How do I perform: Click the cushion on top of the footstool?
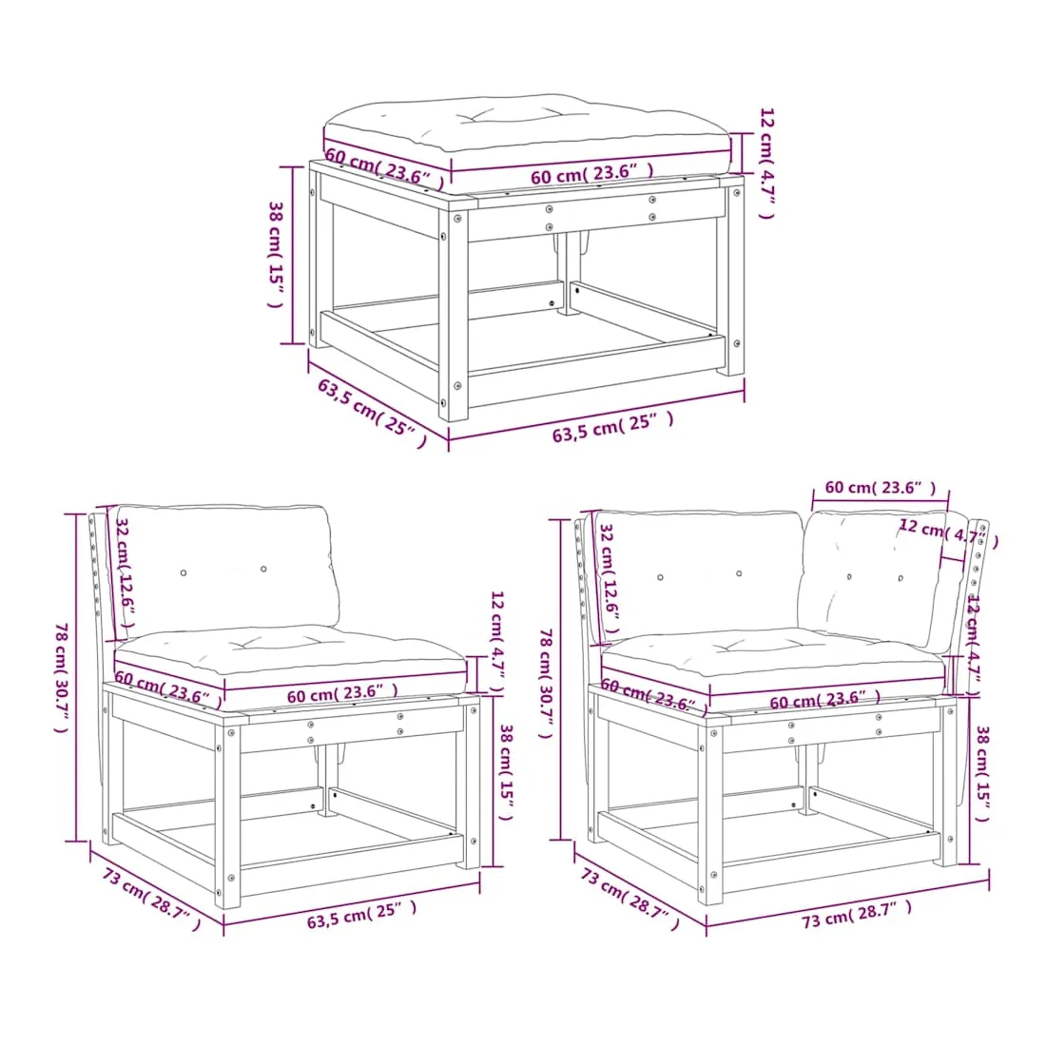pos(527,137)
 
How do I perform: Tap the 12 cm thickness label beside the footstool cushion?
pos(767,163)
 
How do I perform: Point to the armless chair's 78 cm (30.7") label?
pos(62,677)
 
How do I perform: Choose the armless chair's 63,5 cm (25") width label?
pos(361,914)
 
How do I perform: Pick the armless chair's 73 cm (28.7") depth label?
pos(151,899)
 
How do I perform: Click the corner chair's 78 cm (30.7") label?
pos(547,683)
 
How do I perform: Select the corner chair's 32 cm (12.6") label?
pos(610,578)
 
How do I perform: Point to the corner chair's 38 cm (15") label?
pos(982,774)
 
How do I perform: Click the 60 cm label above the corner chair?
pos(881,488)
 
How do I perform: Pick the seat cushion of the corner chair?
pos(774,668)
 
